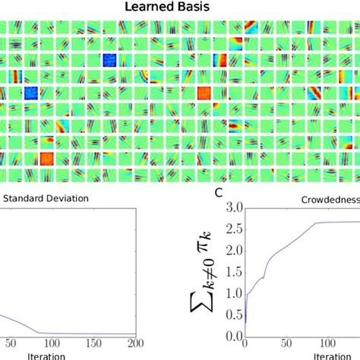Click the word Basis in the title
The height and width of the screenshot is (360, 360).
pyautogui.click(x=194, y=8)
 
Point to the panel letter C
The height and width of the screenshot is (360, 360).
pyautogui.click(x=219, y=192)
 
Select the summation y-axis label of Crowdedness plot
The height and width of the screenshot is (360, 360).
pyautogui.click(x=203, y=273)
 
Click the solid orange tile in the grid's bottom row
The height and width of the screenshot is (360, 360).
pyautogui.click(x=46, y=159)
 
